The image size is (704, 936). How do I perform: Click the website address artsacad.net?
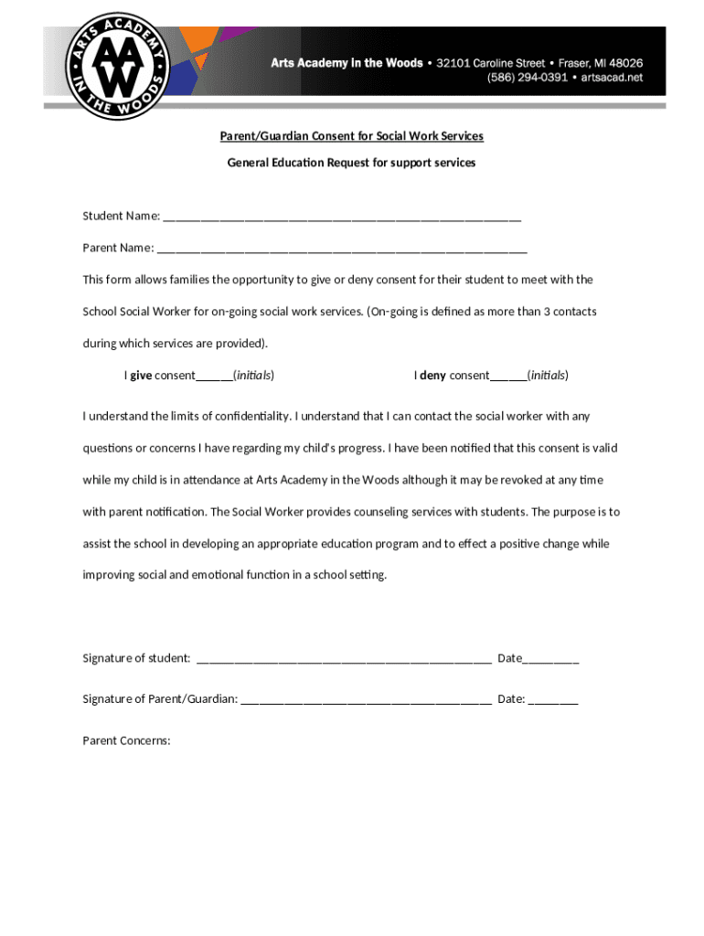610,78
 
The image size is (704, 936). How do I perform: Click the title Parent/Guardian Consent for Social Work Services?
351,136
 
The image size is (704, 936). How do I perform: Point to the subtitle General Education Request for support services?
351,163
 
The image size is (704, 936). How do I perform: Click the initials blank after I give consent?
214,377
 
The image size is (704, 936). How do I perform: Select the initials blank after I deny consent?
508,377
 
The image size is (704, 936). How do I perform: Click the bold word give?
141,376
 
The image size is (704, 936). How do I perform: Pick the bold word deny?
432,376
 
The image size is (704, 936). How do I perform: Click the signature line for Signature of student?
344,659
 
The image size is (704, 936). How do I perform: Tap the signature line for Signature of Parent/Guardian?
367,700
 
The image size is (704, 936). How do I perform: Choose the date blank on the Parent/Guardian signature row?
553,700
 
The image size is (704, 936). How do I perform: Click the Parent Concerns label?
127,740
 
